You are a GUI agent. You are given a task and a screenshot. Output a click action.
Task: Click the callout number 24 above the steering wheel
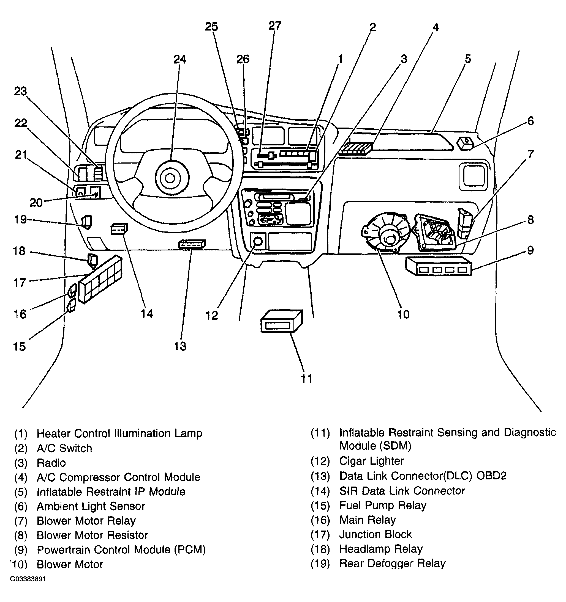click(180, 59)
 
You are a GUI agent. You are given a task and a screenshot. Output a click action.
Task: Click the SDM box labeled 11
click(281, 321)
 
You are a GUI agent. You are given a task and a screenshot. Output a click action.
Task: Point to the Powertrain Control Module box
click(439, 266)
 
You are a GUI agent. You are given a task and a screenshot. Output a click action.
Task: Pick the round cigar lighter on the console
click(258, 241)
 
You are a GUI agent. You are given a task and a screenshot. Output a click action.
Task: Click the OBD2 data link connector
click(192, 244)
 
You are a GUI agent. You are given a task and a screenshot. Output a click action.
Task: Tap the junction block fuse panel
click(100, 279)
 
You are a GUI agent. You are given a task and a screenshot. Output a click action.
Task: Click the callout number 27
click(275, 26)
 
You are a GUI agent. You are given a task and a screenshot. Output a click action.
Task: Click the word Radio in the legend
click(51, 463)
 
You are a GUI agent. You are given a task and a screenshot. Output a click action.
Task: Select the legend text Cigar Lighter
click(372, 461)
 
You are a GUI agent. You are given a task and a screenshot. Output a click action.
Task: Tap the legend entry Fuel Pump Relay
click(383, 505)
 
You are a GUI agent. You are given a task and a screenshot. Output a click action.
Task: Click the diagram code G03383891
click(28, 579)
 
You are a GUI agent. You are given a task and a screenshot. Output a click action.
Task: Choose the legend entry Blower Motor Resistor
click(92, 535)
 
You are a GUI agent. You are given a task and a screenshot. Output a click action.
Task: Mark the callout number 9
click(530, 250)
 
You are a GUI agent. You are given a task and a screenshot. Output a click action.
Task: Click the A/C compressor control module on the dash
click(355, 148)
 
